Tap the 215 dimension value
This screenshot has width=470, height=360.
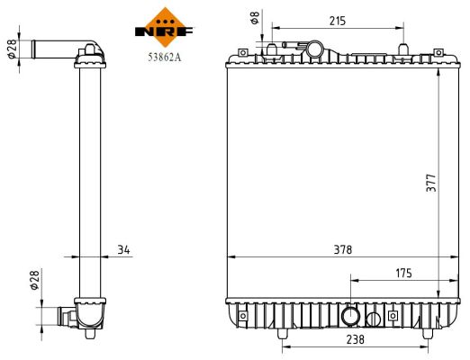pos(338,19)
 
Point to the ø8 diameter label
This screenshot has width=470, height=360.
pos(254,17)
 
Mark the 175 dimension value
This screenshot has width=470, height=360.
pos(404,271)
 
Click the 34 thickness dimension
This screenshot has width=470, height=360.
pos(123,249)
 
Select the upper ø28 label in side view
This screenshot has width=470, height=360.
pos(12,48)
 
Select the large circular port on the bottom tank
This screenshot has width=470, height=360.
pos(351,316)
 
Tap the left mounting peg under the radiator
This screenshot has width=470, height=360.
pos(285,336)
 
